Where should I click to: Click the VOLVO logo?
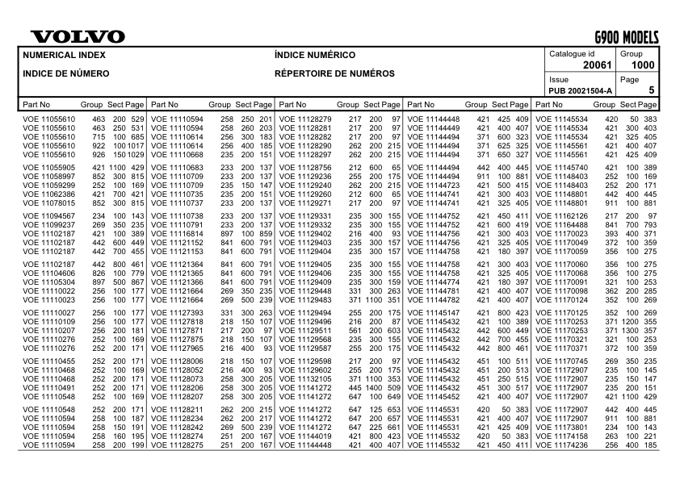click(78, 37)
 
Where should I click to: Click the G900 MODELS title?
click(627, 37)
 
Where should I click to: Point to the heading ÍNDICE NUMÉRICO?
click(315, 56)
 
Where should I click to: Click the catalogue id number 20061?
click(598, 65)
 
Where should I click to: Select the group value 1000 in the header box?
click(643, 65)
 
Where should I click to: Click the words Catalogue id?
click(572, 53)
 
